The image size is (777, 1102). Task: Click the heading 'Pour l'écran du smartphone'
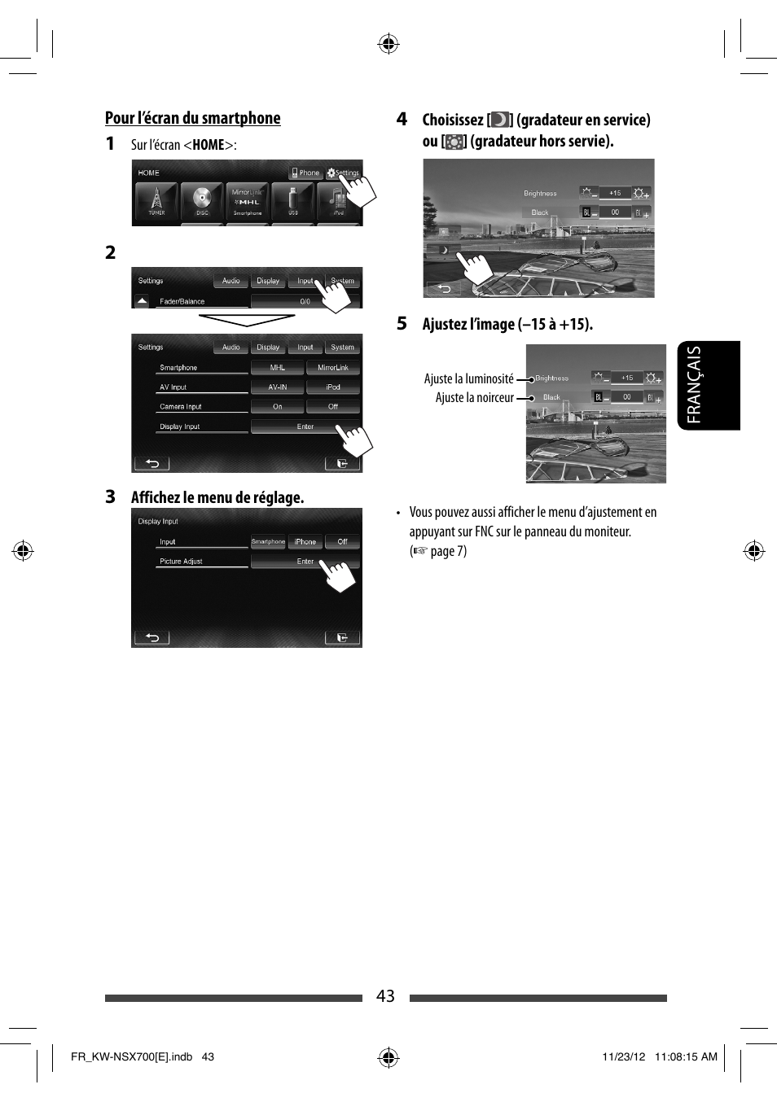pos(192,118)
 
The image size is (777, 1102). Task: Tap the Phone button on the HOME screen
pos(305,173)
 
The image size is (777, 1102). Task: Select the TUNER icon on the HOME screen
pos(156,199)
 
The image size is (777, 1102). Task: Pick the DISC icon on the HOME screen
pos(202,199)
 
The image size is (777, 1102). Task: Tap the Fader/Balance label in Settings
pos(182,301)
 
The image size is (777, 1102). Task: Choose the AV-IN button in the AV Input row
pos(278,387)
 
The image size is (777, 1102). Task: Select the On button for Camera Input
pos(278,407)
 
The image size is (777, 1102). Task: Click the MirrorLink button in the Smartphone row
pos(332,368)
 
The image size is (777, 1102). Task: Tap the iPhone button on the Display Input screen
pos(305,542)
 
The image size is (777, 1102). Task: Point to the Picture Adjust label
pos(181,562)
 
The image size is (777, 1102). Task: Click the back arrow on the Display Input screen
pos(151,638)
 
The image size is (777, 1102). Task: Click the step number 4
pos(402,120)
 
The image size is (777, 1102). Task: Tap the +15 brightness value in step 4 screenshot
pos(615,194)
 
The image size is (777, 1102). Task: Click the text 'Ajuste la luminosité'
pos(468,379)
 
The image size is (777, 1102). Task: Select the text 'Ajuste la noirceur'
pos(474,398)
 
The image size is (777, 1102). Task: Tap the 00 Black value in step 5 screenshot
pos(627,397)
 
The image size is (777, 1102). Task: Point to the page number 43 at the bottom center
pos(385,996)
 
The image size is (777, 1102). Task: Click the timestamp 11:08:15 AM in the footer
pos(686,1056)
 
